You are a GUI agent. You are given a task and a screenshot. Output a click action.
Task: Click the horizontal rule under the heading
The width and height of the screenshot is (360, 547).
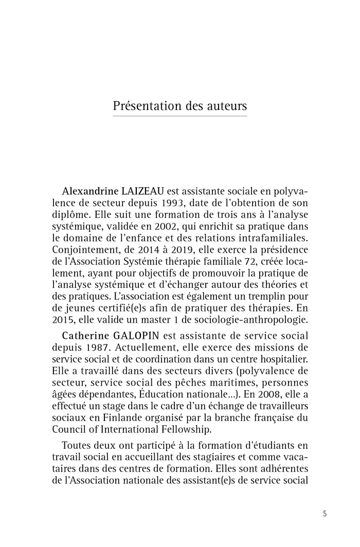pyautogui.click(x=179, y=117)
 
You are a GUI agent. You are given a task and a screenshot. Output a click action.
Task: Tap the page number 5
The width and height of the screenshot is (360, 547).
pyautogui.click(x=324, y=513)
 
